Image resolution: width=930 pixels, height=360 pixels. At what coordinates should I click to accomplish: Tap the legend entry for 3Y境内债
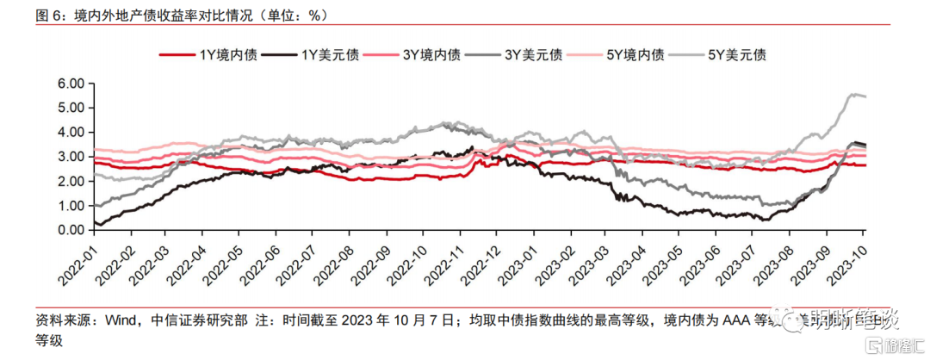[431, 54]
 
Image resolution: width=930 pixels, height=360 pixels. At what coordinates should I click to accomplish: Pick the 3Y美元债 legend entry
[534, 54]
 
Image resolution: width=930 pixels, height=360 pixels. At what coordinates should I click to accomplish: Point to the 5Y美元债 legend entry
[737, 54]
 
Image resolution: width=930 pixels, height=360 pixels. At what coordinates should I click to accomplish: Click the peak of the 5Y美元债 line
[854, 94]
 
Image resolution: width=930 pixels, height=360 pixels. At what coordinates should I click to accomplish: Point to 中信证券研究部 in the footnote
[201, 320]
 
